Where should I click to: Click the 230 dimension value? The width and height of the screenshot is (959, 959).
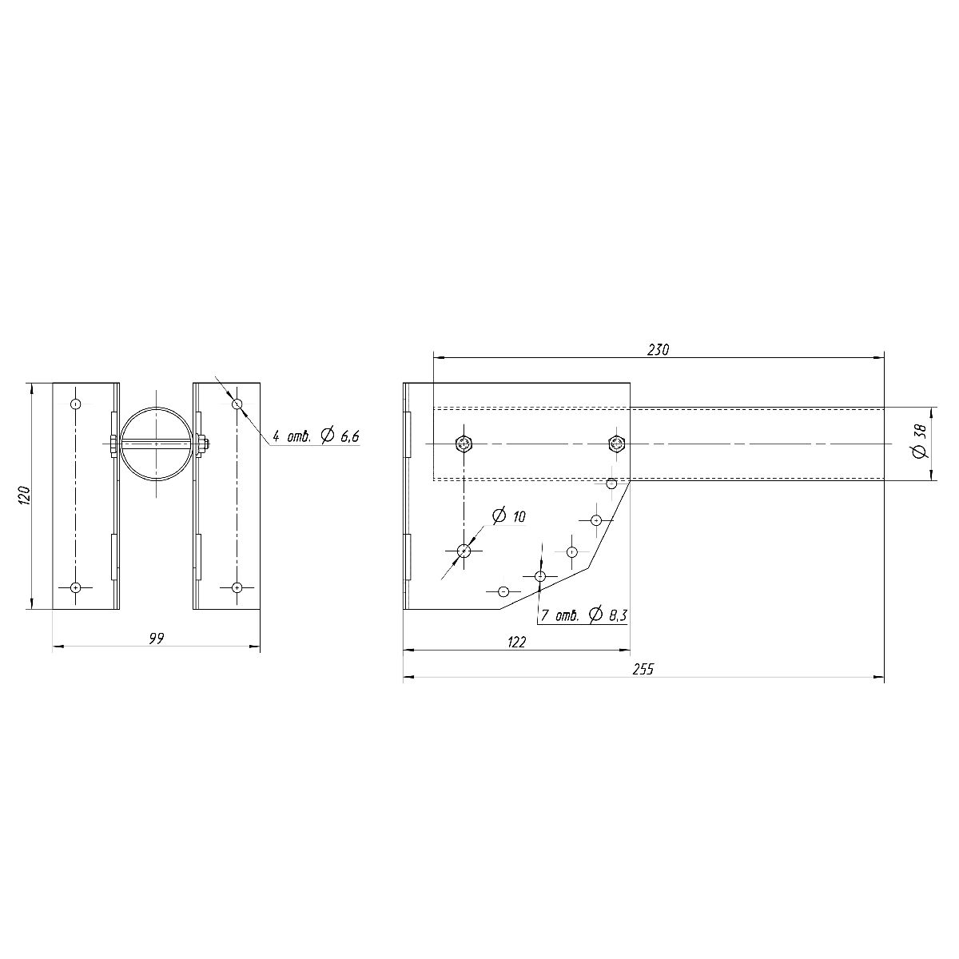pos(658,350)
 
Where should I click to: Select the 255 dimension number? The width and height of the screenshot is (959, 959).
pos(643,669)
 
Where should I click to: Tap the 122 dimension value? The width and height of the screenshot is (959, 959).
pos(516,642)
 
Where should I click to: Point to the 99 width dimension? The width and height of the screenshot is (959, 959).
pos(157,639)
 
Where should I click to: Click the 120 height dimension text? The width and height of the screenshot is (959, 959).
pos(25,495)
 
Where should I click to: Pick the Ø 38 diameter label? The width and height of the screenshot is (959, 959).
pos(920,440)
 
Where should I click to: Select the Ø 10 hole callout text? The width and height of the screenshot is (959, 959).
pos(508,515)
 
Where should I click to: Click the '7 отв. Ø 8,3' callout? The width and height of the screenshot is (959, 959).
pos(583,615)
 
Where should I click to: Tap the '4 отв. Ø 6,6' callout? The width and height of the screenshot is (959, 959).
pos(316,436)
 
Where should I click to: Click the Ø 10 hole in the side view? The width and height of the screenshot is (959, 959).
pos(464,551)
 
